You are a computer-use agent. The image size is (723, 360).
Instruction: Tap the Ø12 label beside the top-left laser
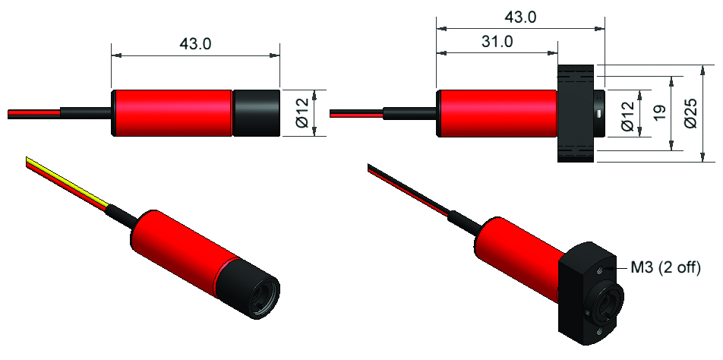(x=301, y=113)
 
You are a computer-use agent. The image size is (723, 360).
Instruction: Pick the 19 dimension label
(x=658, y=113)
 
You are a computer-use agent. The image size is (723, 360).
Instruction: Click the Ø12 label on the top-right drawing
(x=627, y=113)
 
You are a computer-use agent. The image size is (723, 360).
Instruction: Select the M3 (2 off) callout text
(x=665, y=267)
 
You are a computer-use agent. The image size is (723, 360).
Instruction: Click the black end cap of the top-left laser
(x=256, y=113)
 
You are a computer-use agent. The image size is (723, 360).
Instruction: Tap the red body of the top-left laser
(x=172, y=113)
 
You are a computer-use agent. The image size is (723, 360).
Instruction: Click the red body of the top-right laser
(x=497, y=113)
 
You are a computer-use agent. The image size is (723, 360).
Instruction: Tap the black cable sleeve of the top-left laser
(x=85, y=113)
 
